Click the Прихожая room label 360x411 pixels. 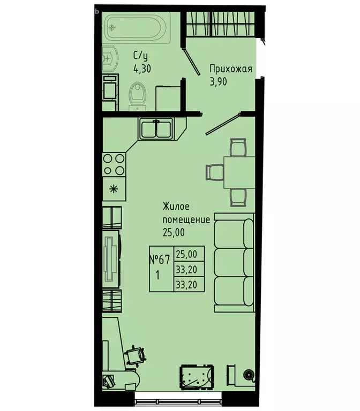[230, 68]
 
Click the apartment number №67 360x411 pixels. [160, 260]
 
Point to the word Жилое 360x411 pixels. [176, 206]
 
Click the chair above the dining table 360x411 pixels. [238, 146]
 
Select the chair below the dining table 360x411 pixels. [238, 197]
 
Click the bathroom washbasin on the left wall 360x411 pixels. [109, 57]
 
